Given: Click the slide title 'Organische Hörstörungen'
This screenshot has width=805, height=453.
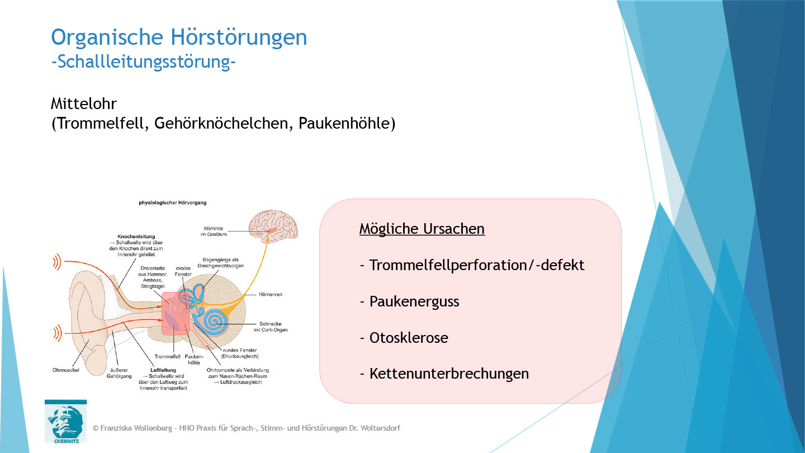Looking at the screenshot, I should click(x=179, y=37).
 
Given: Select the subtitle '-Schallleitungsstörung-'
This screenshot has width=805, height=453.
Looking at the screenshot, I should click(x=143, y=62).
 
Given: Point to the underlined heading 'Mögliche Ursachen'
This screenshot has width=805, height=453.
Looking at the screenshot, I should click(x=422, y=229).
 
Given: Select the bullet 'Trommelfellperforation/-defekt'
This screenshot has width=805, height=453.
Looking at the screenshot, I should click(x=476, y=265).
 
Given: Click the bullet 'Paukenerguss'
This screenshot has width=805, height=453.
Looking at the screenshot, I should click(x=414, y=301).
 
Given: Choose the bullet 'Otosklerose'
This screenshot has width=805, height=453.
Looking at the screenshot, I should click(x=408, y=338).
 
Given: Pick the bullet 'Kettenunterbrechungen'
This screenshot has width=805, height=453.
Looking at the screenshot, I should click(x=448, y=374).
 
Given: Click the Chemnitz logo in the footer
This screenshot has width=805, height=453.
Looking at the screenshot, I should click(x=65, y=421).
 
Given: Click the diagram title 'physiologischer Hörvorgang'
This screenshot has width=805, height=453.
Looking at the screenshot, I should click(x=173, y=203).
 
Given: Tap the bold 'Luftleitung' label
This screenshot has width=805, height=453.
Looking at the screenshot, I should click(x=163, y=370).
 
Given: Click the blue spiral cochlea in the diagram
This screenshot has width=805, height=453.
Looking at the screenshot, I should click(x=216, y=322).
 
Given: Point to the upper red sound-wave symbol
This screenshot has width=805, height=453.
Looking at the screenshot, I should click(x=57, y=261).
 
